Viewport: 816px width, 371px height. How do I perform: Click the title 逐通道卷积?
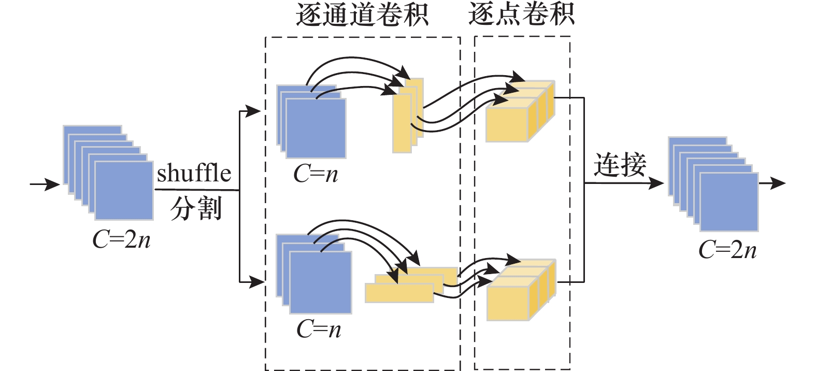(362, 15)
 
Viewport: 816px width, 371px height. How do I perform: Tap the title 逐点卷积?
(521, 14)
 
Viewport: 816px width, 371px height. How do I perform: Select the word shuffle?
(194, 173)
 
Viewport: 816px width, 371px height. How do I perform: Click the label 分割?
(196, 209)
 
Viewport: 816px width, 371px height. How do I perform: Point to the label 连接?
(620, 165)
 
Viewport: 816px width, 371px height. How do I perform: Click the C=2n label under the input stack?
(121, 239)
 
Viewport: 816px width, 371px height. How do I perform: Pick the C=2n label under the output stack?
(727, 250)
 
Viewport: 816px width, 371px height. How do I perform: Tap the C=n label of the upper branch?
(316, 174)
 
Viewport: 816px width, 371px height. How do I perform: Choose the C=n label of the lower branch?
(319, 329)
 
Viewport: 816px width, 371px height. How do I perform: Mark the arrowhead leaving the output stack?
(779, 183)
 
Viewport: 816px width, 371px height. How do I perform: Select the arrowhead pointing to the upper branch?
(253, 111)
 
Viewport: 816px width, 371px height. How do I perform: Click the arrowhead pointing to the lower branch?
(257, 282)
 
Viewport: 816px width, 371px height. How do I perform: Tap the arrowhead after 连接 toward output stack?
(656, 183)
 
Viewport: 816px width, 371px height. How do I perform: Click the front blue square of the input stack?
(124, 191)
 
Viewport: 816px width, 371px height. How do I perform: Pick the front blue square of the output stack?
(729, 202)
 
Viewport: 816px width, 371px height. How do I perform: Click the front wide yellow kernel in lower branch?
(399, 293)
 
